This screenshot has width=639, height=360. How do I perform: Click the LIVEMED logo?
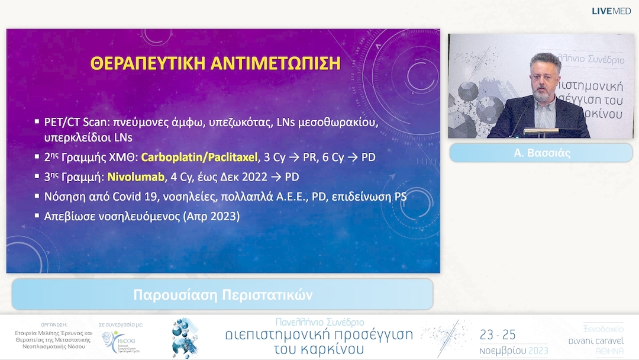611,11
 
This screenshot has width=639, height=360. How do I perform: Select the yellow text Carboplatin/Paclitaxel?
209,158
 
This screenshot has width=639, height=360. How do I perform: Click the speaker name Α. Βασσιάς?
541,152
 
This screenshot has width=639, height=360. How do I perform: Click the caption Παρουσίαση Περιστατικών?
222,294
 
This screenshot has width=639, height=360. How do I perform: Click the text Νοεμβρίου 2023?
513,350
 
